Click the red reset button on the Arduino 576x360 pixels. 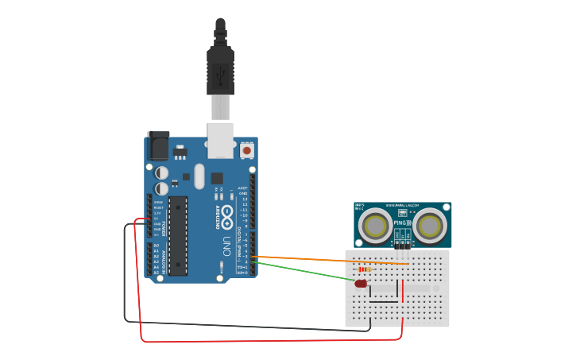[x=247, y=149]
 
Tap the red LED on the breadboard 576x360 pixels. [x=361, y=283]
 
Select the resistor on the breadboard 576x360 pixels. [x=365, y=269]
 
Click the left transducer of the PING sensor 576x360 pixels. [x=373, y=225]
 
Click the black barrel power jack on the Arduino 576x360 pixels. [x=158, y=146]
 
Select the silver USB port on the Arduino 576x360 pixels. [x=222, y=138]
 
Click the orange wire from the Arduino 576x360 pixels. [x=318, y=259]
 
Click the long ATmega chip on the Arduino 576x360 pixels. [x=178, y=235]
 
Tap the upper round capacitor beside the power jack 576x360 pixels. [x=162, y=172]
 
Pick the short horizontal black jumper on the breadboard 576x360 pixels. [x=383, y=302]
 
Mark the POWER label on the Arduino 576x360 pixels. [x=164, y=226]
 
